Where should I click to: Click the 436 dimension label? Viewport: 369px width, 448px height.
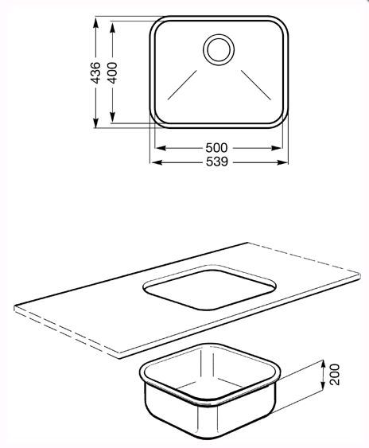pos(95,73)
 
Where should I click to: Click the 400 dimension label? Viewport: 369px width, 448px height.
pos(112,73)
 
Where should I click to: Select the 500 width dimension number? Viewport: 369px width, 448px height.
pos(217,148)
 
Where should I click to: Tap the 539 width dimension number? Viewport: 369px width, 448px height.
pos(217,162)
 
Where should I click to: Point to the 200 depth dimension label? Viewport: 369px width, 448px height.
pos(335,374)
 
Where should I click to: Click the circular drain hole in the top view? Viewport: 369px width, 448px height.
pos(219,50)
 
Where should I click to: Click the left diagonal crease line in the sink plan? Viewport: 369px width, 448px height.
pos(182,85)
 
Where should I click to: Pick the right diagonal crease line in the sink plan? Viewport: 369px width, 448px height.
pos(256,85)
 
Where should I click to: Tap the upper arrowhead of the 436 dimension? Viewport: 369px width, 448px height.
pos(96,23)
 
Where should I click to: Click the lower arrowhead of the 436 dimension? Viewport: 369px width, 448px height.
pos(96,123)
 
